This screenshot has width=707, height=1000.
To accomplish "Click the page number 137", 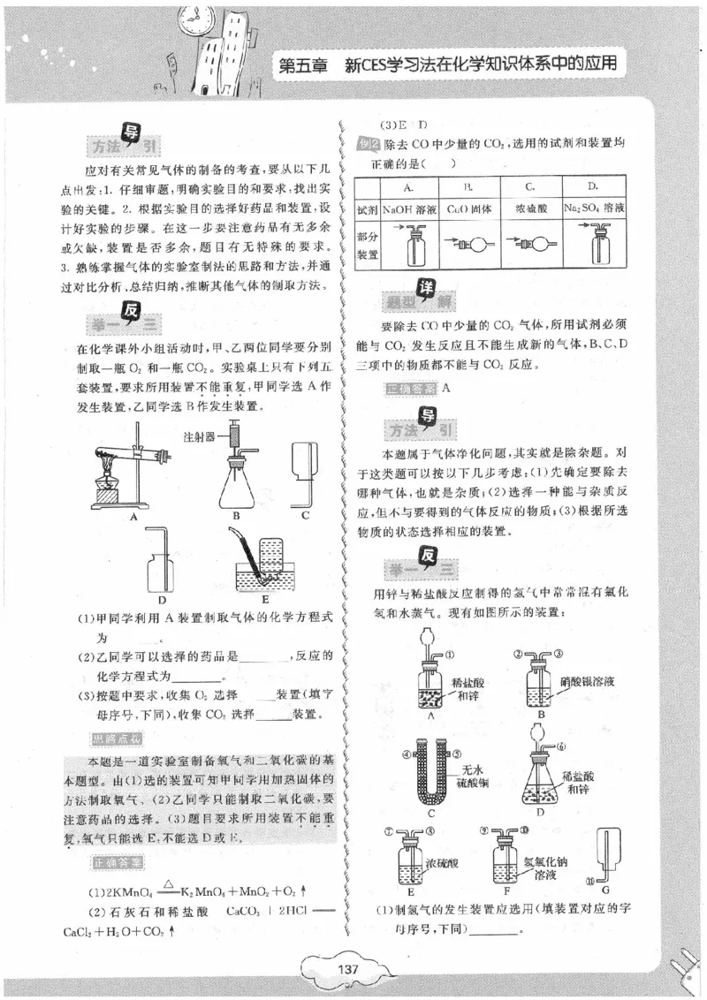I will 347,969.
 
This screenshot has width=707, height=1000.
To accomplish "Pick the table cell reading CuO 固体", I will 468,209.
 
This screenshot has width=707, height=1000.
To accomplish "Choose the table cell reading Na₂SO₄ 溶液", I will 593,209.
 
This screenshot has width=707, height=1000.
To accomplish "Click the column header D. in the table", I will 593,186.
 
